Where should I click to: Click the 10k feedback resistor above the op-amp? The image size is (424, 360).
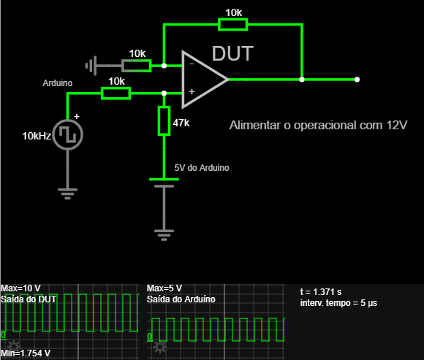pyautogui.click(x=232, y=25)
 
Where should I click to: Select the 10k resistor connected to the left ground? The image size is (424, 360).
pyautogui.click(x=137, y=66)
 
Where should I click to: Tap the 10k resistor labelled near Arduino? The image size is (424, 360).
pyautogui.click(x=116, y=93)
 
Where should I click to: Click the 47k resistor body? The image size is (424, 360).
pyautogui.click(x=164, y=120)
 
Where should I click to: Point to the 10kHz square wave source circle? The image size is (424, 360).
pyautogui.click(x=67, y=134)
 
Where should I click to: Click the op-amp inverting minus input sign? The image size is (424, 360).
pyautogui.click(x=192, y=64)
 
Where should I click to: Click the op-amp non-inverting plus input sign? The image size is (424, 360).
pyautogui.click(x=192, y=92)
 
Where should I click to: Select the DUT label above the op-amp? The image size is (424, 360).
pyautogui.click(x=232, y=53)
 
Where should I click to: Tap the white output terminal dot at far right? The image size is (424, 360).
pyautogui.click(x=357, y=80)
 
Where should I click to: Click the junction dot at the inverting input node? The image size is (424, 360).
pyautogui.click(x=164, y=66)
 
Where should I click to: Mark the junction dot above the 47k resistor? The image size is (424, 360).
pyautogui.click(x=164, y=93)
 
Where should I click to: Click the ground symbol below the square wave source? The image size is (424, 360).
pyautogui.click(x=67, y=194)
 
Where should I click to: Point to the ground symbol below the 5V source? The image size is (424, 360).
pyautogui.click(x=164, y=235)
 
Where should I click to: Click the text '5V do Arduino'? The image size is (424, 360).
pyautogui.click(x=202, y=168)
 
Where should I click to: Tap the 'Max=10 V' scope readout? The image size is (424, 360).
pyautogui.click(x=20, y=288)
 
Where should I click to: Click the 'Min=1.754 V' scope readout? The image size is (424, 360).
pyautogui.click(x=26, y=353)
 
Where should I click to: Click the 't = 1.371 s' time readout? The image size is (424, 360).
pyautogui.click(x=321, y=292)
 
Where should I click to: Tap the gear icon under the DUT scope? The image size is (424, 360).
pyautogui.click(x=13, y=345)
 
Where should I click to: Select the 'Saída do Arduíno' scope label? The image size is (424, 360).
pyautogui.click(x=181, y=299)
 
